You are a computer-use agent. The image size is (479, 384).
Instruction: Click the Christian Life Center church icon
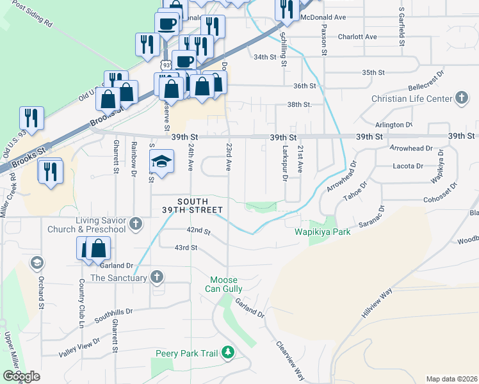tap(462, 99)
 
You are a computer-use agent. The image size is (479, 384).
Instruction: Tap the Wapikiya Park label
tap(322, 232)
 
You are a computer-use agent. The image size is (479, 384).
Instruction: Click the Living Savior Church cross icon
tap(135, 224)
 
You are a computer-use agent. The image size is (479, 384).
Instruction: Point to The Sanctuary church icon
tap(157, 277)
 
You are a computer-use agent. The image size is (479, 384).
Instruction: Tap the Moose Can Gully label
tap(224, 286)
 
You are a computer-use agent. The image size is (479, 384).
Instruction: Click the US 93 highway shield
tap(166, 65)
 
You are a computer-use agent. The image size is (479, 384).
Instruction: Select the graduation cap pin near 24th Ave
tap(162, 162)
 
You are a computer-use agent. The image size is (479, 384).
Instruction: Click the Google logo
tap(21, 376)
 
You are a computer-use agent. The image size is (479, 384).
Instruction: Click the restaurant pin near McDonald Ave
tap(286, 9)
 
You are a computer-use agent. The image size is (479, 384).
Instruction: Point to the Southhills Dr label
tap(113, 314)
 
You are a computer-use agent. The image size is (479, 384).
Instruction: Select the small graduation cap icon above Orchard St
tap(37, 262)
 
